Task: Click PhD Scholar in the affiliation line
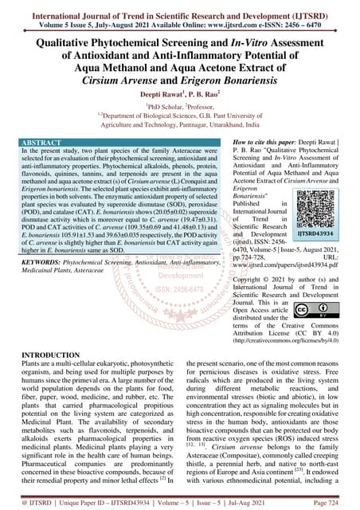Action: tap(165, 104)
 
